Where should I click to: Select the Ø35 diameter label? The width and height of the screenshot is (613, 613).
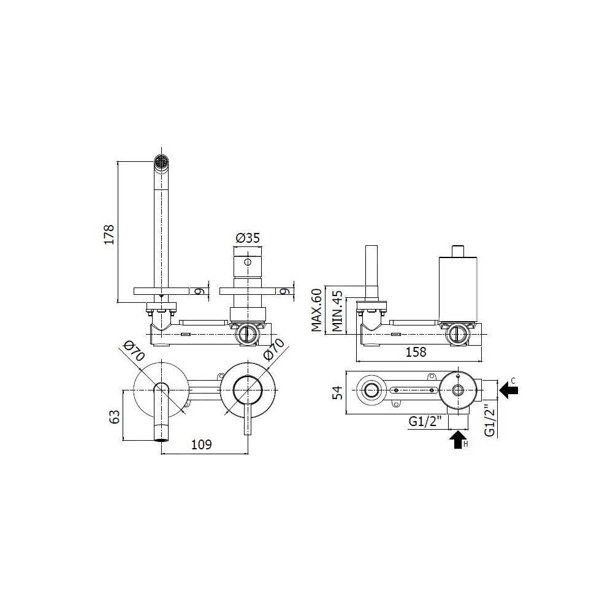[x=248, y=238]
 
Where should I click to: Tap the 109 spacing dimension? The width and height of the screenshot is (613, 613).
[x=201, y=444]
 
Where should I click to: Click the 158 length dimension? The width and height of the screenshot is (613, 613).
[x=416, y=352]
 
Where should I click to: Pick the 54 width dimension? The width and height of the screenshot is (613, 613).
[x=337, y=392]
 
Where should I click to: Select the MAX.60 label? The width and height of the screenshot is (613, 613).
[x=317, y=310]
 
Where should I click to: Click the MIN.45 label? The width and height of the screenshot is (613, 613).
[x=337, y=311]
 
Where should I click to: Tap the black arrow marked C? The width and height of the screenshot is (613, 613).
[x=509, y=390]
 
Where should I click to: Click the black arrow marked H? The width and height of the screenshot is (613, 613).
[x=458, y=440]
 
